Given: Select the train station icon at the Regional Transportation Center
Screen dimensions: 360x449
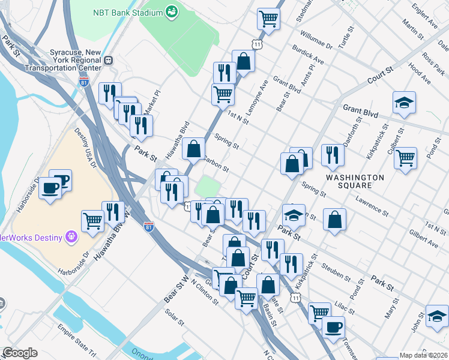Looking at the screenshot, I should click(x=109, y=59).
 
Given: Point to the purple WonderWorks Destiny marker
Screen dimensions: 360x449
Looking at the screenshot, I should click(x=71, y=238).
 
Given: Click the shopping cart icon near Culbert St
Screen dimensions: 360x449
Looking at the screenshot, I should click(x=406, y=158).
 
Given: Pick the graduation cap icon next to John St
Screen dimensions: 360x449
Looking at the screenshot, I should click(x=437, y=316).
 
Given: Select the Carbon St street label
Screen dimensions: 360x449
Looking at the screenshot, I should click(x=216, y=164).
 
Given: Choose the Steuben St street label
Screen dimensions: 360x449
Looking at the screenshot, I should click(x=336, y=271).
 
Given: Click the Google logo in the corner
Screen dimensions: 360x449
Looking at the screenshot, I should click(x=20, y=353).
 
